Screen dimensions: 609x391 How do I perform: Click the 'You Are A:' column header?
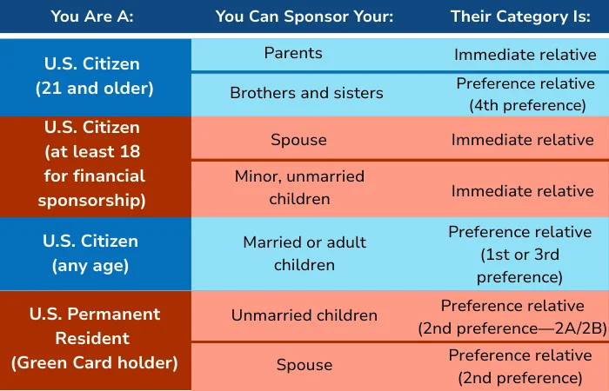click(92, 17)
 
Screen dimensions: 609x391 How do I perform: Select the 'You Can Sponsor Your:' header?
click(304, 17)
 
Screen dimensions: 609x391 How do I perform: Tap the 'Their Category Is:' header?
click(520, 17)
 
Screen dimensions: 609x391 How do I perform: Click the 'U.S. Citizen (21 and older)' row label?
click(93, 76)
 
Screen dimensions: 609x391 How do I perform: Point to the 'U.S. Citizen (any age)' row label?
click(90, 254)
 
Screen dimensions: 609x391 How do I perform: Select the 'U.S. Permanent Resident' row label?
click(94, 326)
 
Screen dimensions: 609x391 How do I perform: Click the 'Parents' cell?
click(293, 53)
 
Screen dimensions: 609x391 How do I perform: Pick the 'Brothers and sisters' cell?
click(306, 93)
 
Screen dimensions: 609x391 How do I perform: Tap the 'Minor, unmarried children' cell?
click(299, 188)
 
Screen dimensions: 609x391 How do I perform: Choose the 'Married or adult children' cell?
click(304, 254)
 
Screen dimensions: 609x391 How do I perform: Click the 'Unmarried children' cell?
click(304, 315)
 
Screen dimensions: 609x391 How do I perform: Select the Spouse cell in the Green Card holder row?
click(304, 365)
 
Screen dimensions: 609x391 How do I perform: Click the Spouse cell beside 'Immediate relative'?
click(298, 140)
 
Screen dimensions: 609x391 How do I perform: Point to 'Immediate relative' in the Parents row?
click(525, 55)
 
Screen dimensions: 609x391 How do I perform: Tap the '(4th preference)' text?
click(527, 105)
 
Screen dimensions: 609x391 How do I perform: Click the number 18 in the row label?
click(130, 152)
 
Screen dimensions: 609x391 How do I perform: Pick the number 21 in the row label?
click(51, 89)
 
